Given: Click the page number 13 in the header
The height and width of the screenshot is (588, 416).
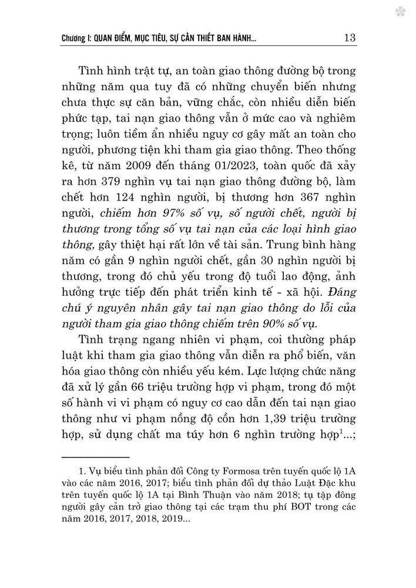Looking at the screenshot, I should point(347,38).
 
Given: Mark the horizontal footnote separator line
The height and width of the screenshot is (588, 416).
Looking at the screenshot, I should point(95,456).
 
